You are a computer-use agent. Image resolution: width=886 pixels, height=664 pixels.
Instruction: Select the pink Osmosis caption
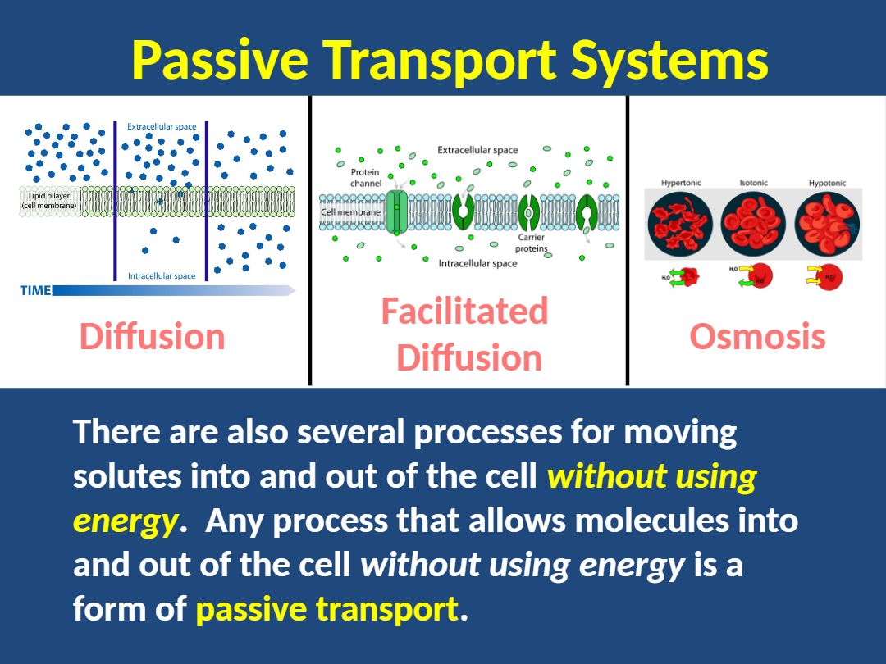pos(757,337)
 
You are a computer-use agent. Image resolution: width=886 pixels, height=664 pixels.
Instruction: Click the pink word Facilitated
pos(464,312)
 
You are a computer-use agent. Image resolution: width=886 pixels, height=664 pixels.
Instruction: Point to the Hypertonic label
pos(681,183)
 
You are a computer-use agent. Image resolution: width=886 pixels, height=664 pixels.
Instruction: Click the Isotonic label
pos(753,183)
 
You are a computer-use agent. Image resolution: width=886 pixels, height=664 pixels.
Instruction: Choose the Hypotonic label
pos(827,183)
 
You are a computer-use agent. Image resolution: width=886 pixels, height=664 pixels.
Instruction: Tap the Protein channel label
pos(365,178)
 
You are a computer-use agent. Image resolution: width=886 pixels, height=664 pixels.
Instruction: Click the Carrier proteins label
pos(532,243)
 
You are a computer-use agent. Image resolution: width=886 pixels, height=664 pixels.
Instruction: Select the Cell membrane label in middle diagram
pos(350,212)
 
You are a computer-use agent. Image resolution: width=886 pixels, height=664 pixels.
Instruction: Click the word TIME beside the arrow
pos(35,290)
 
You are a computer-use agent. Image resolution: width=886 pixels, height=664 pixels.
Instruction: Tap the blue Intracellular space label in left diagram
pos(162,276)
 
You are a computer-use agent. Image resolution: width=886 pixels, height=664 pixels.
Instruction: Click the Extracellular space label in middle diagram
pos(477,150)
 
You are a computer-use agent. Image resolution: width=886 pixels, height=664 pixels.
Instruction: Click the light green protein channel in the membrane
pos(397,211)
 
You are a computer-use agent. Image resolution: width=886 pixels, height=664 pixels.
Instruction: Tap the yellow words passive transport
pos(327,609)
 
